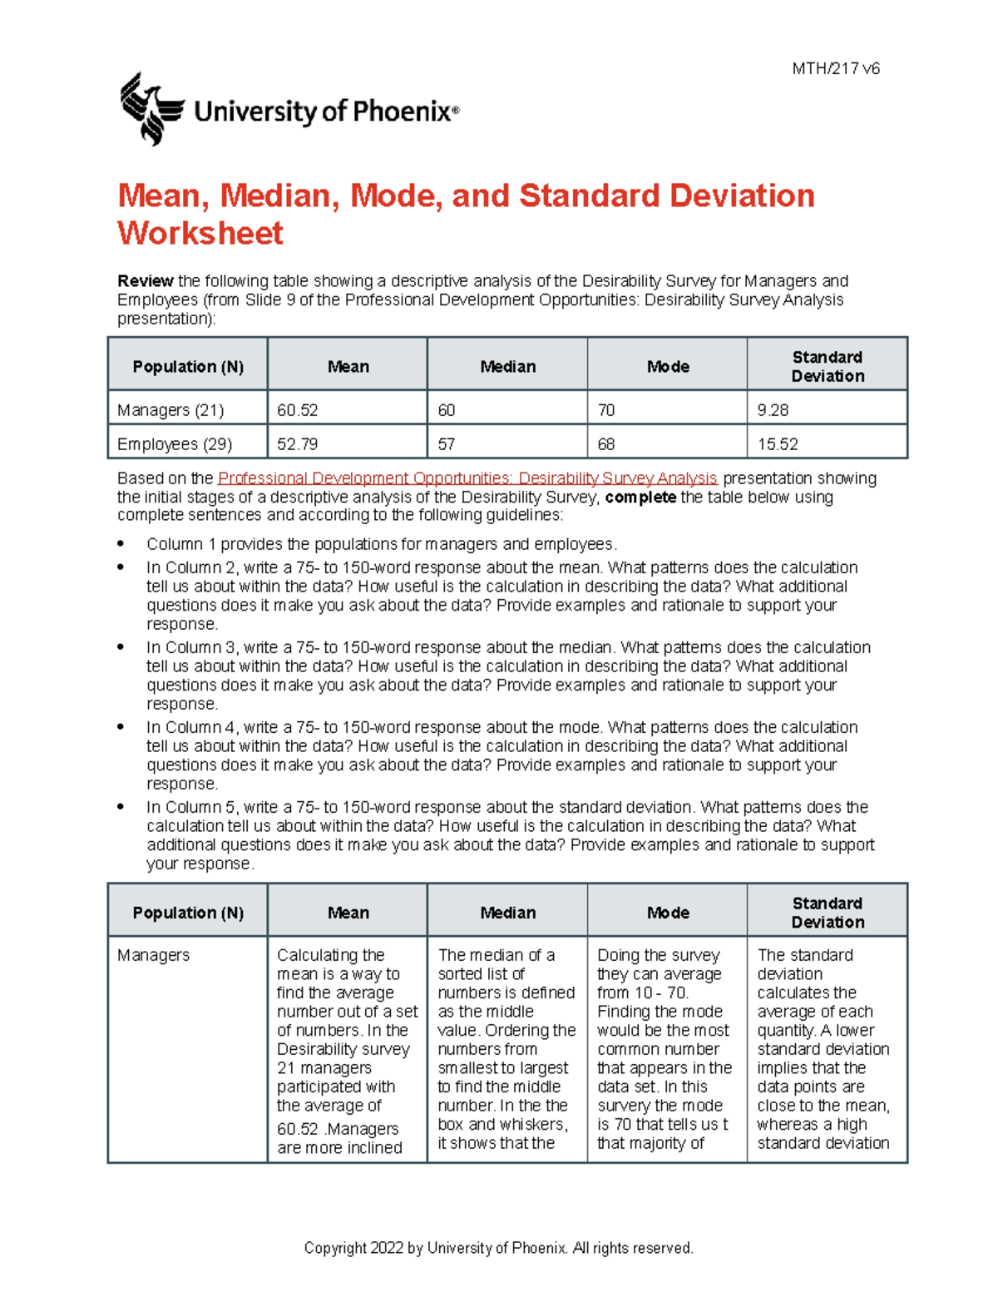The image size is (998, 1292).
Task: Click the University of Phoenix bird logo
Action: coord(151,109)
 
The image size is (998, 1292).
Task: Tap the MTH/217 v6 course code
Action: coord(835,69)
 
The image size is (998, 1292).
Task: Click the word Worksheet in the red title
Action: coord(200,234)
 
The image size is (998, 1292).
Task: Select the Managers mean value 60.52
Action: coord(298,410)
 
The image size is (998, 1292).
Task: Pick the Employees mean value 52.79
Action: coord(298,444)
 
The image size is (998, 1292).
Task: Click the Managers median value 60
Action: coord(447,410)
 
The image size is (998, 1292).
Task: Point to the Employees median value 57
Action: coord(447,444)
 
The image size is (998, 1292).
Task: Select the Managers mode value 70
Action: coord(606,410)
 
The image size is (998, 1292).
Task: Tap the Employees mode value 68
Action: coord(606,444)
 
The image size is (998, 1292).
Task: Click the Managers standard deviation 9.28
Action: coord(773,410)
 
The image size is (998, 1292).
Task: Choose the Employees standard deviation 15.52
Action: coord(778,444)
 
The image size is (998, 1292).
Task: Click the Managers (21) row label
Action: coord(170,410)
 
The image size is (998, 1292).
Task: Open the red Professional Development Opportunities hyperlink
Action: coord(467,478)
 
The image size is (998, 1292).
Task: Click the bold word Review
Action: coord(146,281)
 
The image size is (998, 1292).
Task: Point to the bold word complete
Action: coord(640,497)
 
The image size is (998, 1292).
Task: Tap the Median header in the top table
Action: coord(507,367)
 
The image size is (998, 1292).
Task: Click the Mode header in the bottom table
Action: coord(668,913)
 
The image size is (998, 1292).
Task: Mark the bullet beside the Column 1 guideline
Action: coord(121,544)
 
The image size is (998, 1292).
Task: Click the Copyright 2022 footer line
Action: coord(498,1248)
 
